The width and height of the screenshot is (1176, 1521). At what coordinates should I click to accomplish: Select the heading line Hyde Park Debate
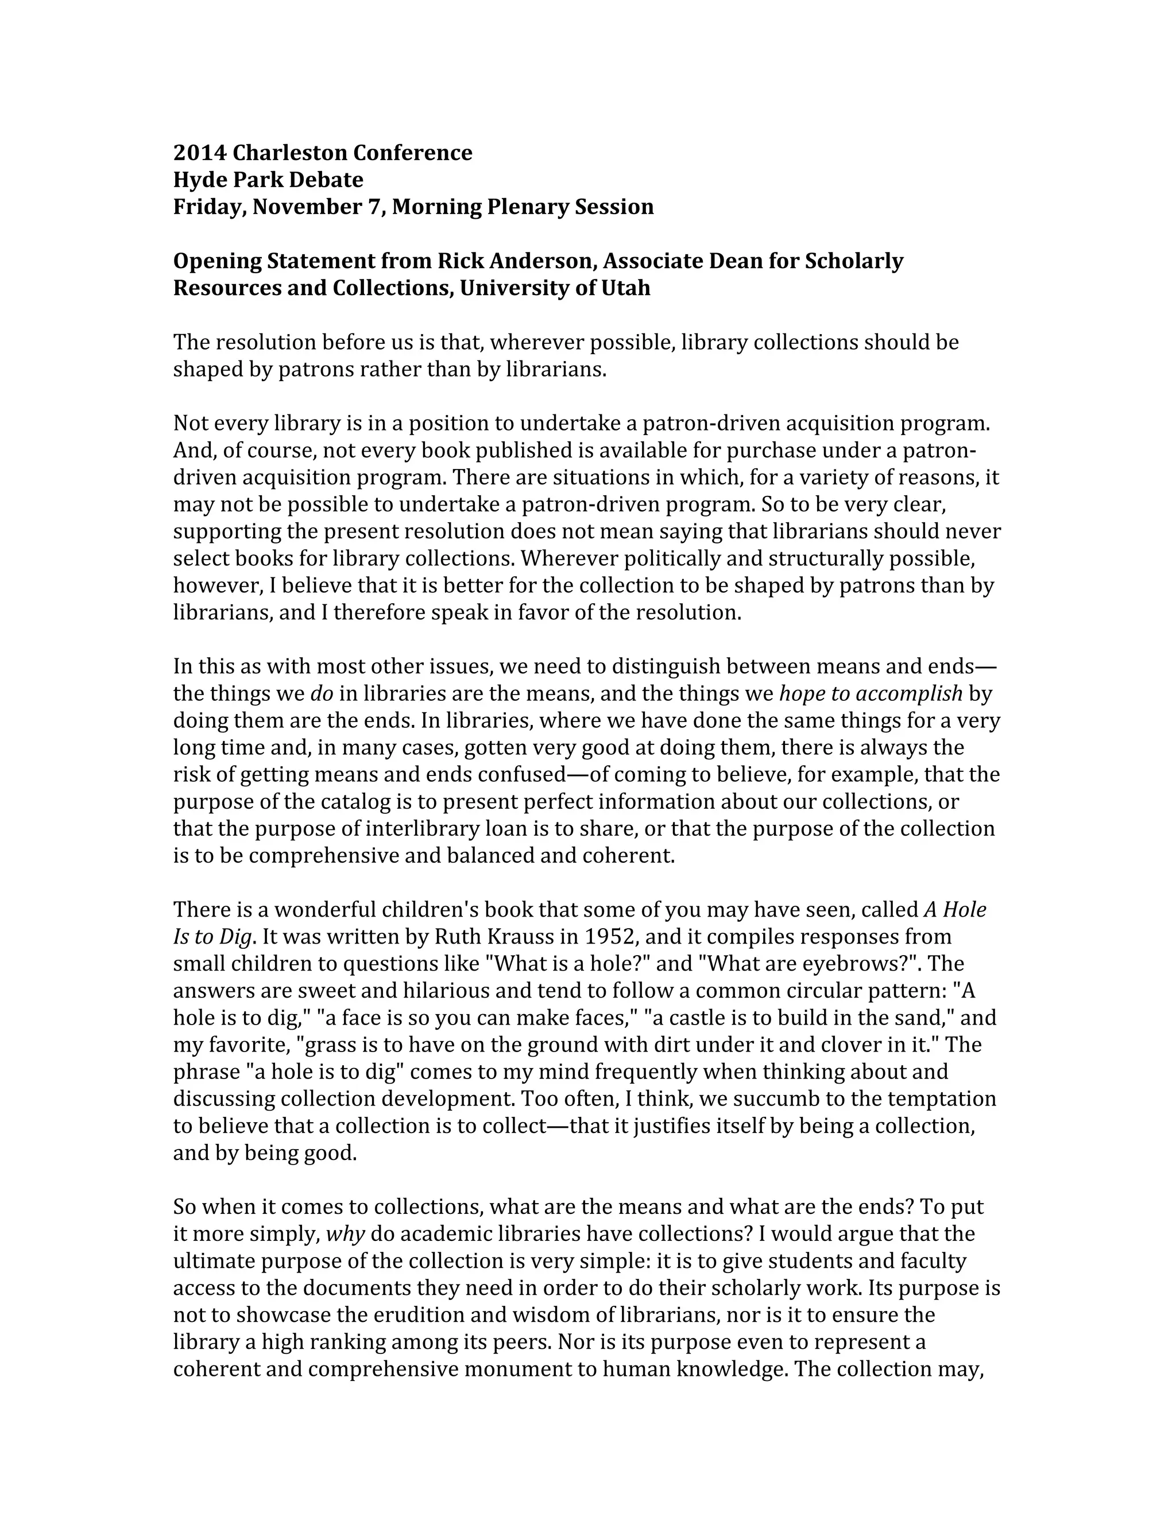coord(268,180)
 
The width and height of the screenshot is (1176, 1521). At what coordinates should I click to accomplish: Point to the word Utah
coord(626,288)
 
